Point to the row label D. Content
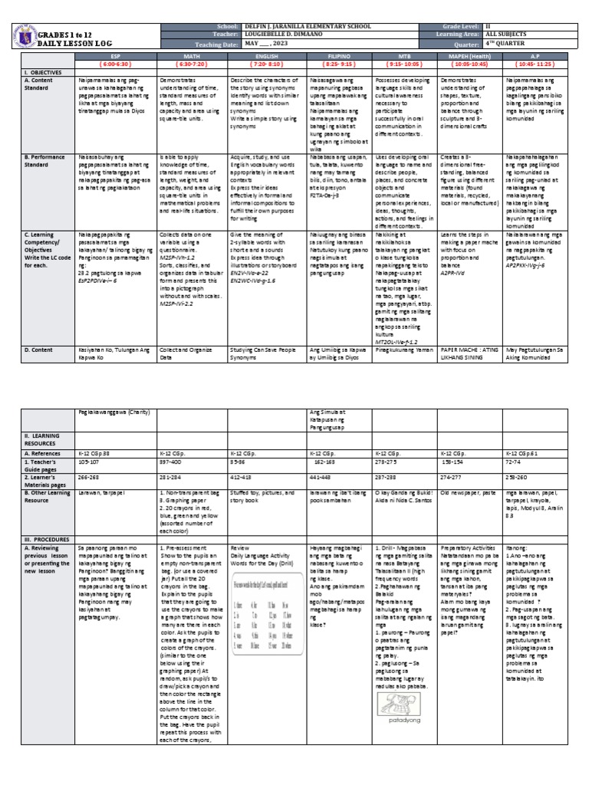pos(38,349)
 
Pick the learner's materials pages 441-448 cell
pos(311,476)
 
